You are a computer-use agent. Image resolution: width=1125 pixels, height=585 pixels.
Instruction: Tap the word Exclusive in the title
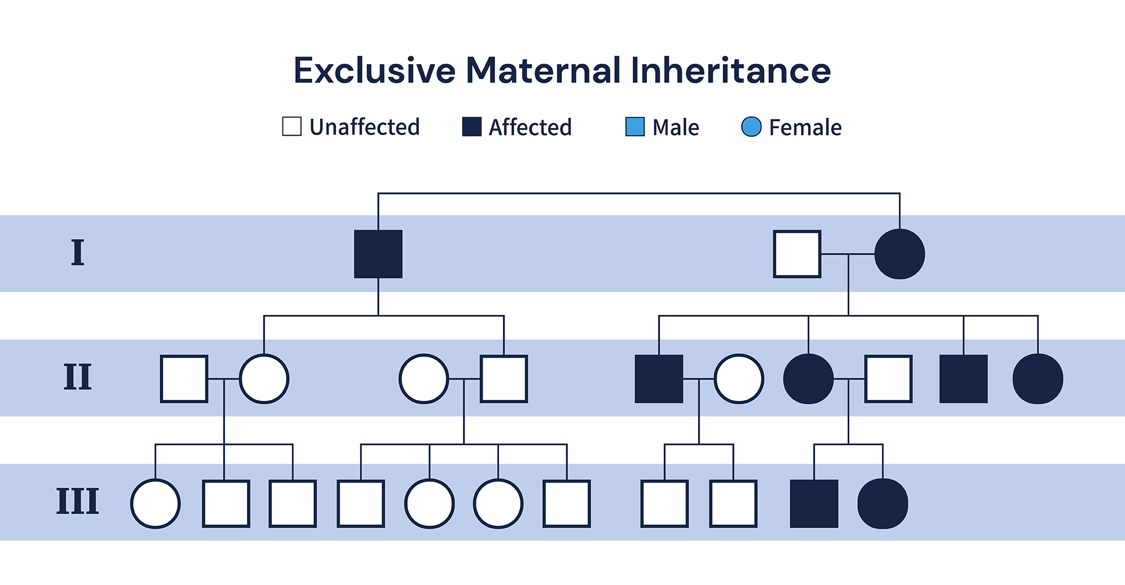tap(375, 70)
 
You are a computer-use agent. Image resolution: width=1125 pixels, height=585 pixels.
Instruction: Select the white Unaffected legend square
tap(292, 127)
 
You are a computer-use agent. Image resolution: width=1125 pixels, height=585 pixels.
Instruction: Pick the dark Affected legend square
tap(472, 127)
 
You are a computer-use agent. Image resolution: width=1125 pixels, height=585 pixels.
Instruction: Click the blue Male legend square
tap(635, 127)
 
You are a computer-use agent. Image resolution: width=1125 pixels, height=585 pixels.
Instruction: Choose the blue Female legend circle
tap(751, 127)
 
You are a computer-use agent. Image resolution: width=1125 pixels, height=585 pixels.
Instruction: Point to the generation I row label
tap(78, 253)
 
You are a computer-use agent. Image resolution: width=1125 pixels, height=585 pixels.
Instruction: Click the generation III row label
tap(78, 502)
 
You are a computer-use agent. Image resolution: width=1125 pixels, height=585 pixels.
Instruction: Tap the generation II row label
tap(78, 377)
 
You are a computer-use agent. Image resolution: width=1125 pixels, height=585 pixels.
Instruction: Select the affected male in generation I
tap(378, 254)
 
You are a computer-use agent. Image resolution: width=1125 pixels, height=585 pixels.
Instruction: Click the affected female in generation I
tap(900, 254)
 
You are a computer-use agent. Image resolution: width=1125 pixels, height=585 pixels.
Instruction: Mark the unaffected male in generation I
tap(797, 254)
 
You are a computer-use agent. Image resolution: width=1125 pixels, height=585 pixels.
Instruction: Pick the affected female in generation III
tap(883, 503)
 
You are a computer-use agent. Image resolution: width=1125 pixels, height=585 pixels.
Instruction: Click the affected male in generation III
tap(814, 503)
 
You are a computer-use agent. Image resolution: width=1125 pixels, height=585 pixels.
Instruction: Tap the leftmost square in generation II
tap(184, 379)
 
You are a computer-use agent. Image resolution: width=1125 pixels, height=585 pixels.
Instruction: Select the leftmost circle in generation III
tap(155, 503)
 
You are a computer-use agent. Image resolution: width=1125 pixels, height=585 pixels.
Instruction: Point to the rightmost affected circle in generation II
tap(1038, 379)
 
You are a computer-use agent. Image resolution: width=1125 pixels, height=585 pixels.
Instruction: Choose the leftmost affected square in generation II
tap(659, 379)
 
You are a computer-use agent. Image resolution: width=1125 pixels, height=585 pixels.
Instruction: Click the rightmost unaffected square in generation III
tap(733, 503)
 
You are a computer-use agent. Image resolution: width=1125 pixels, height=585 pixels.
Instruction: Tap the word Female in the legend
tap(805, 128)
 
